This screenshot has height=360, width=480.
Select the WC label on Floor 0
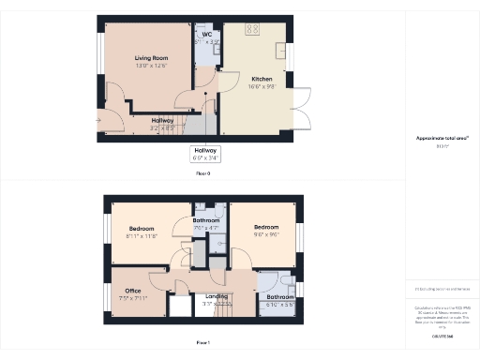pyautogui.click(x=206, y=35)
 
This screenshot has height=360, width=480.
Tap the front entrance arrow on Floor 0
pyautogui.click(x=98, y=120)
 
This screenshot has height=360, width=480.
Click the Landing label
pyautogui.click(x=217, y=296)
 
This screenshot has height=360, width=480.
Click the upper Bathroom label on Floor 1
pyautogui.click(x=206, y=220)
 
